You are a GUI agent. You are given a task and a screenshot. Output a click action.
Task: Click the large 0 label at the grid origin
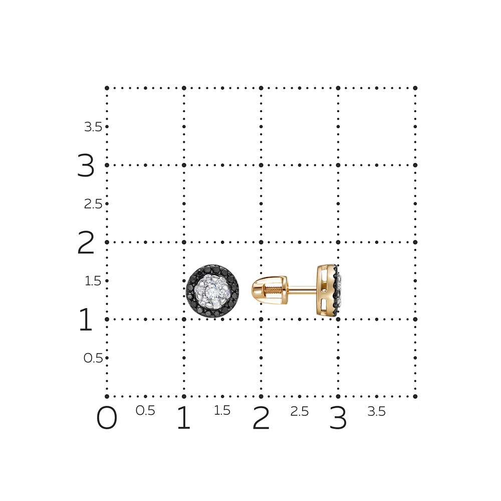click(x=107, y=418)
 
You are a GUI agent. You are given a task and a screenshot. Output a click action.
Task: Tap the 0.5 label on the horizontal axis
click(x=145, y=411)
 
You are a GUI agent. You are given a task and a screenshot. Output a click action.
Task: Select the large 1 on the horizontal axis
click(x=184, y=418)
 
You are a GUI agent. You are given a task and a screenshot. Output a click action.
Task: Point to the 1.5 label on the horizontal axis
click(x=222, y=411)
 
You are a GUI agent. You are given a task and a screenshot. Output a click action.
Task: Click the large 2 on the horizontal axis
click(x=261, y=418)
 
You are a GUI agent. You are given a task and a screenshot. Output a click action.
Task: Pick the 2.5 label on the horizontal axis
click(x=300, y=411)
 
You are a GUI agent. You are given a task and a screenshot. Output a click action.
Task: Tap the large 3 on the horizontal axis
click(x=338, y=418)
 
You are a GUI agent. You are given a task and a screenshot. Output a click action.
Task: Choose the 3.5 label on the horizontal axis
click(x=376, y=411)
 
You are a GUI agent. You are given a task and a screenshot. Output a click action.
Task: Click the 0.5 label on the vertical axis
click(x=93, y=358)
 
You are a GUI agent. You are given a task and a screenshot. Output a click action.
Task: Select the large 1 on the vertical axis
click(x=86, y=319)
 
